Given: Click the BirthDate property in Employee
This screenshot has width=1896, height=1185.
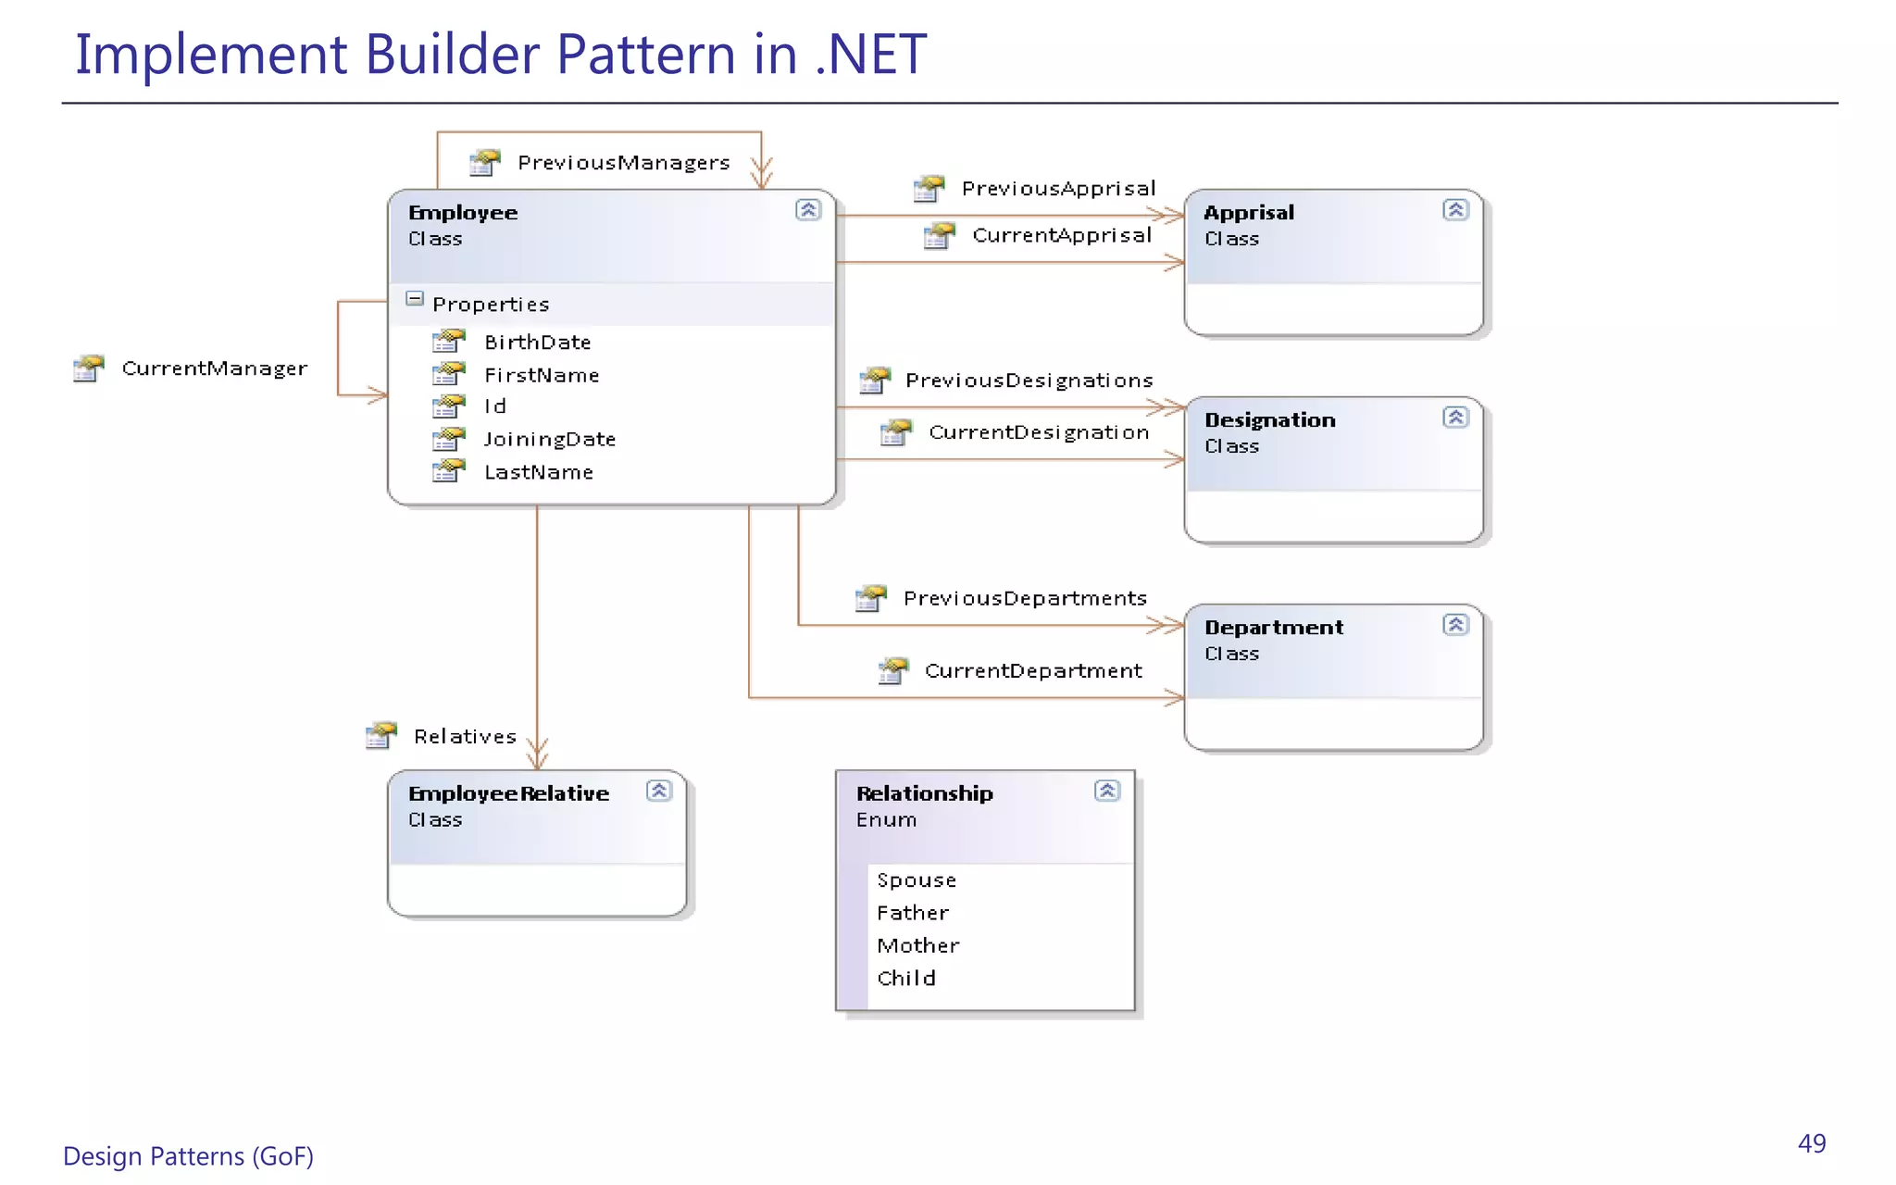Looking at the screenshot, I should (537, 343).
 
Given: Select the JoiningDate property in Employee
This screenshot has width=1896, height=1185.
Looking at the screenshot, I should (549, 440).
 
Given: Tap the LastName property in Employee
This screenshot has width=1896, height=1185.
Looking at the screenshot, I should (539, 473).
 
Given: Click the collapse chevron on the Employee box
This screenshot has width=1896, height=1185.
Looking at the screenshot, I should (808, 210).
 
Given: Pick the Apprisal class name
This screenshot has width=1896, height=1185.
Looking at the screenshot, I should (1249, 213).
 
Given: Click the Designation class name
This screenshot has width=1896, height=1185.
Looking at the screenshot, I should (1269, 420).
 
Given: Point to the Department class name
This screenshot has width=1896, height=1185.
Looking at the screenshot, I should (1273, 628).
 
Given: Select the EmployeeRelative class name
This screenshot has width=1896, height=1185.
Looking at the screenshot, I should (508, 794).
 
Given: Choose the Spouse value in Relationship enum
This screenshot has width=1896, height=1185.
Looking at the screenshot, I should (917, 880).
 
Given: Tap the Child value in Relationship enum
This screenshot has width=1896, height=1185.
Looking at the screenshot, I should (906, 979).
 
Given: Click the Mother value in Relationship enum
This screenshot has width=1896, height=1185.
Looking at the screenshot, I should (917, 946).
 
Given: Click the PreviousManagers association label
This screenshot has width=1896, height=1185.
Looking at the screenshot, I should (623, 163).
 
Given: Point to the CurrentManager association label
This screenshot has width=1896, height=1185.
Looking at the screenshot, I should (214, 368).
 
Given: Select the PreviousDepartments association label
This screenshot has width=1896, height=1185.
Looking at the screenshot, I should (1025, 599).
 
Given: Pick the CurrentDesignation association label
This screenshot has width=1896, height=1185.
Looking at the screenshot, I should (1039, 432).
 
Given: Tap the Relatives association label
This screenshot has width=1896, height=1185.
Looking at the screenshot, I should (465, 737).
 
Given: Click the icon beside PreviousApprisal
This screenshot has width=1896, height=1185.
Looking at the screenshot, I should (929, 189).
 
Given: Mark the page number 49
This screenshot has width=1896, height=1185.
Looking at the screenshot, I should (1812, 1144).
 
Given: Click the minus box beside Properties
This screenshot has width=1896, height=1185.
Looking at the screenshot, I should (415, 299).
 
